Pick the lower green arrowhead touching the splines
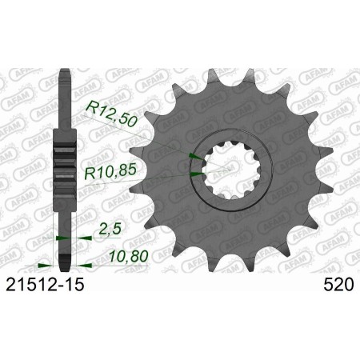[198, 170]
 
